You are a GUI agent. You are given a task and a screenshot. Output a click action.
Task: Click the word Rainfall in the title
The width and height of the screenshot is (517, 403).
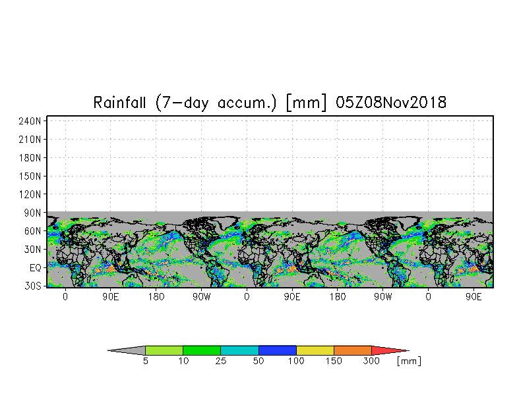(120, 103)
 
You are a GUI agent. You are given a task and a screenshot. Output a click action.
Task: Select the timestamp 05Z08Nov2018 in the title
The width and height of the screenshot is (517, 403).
(391, 103)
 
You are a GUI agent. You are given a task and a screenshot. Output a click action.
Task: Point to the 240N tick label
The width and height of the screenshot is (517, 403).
(30, 121)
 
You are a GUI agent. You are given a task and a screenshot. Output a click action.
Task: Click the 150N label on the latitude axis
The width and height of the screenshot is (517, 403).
(30, 176)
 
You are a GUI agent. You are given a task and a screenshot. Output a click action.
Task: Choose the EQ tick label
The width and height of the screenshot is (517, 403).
(36, 268)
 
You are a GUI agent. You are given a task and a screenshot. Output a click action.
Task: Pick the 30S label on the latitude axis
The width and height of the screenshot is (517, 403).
(33, 286)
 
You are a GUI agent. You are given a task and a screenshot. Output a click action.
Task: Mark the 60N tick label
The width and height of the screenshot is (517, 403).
(33, 231)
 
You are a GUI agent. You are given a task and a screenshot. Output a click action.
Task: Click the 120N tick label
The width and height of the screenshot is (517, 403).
(30, 195)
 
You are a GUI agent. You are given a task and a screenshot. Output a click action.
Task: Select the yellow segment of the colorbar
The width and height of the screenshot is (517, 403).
(315, 350)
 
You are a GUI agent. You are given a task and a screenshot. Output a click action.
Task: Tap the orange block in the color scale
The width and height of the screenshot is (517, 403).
(353, 350)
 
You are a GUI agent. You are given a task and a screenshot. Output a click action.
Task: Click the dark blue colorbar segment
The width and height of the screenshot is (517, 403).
(278, 350)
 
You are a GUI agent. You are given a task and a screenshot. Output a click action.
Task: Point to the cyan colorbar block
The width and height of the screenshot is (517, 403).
(240, 350)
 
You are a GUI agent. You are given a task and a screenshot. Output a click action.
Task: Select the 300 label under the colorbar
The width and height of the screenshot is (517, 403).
(371, 361)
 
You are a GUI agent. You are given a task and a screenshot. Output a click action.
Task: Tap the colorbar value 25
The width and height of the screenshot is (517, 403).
(221, 361)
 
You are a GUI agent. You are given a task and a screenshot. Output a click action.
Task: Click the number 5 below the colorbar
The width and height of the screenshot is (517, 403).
(146, 361)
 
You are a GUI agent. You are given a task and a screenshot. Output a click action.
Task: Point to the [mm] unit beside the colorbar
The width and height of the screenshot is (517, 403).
(409, 361)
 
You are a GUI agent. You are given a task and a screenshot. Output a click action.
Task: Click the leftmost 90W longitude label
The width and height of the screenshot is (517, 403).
(202, 297)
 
